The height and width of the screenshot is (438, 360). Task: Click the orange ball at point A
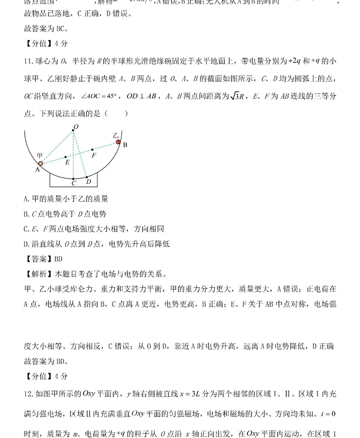(40, 164)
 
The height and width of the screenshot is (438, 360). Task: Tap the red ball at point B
(118, 142)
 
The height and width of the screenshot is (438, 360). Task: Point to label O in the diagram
(76, 126)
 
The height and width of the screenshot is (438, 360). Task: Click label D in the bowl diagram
(89, 182)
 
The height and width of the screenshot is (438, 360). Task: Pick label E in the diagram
(67, 162)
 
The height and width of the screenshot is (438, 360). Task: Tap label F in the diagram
(94, 155)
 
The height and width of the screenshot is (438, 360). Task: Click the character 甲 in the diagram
(40, 155)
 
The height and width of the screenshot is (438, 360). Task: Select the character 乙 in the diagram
(115, 135)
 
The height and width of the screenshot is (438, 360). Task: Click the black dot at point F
(92, 149)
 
